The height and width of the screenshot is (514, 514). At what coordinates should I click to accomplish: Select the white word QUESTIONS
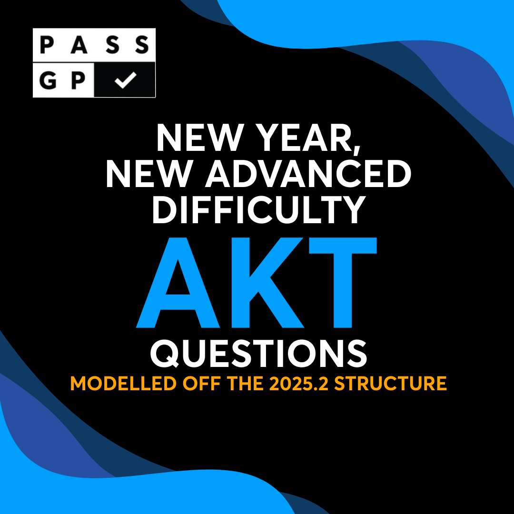(x=257, y=353)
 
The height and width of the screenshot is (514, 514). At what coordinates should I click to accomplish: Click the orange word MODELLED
(x=124, y=384)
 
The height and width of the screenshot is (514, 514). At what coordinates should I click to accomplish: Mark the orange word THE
(x=243, y=384)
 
